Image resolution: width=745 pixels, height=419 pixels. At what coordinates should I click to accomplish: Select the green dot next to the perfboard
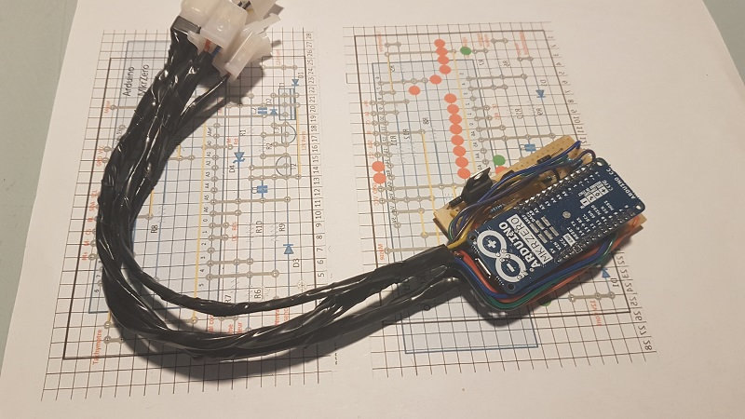click(x=500, y=160)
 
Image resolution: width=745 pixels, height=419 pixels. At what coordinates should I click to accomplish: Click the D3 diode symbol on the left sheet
click(x=289, y=249)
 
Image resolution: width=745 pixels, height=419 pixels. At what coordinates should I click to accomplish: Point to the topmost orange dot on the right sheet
click(x=438, y=44)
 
